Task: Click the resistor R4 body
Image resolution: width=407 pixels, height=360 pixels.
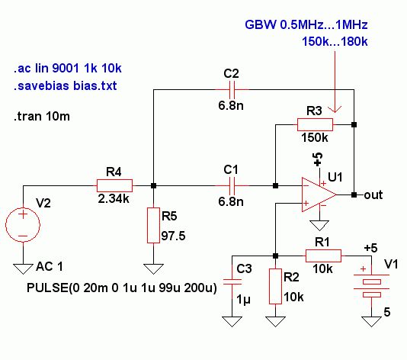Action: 114,185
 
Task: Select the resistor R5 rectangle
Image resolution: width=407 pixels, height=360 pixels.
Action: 153,225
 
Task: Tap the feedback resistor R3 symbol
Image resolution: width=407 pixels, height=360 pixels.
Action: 315,124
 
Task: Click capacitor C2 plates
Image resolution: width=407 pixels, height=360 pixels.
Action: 232,89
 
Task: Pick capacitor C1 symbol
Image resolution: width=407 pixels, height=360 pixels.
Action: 232,185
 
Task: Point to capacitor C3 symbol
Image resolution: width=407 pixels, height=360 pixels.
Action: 232,281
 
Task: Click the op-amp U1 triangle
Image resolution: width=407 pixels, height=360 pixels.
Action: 319,194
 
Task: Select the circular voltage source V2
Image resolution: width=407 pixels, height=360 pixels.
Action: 23,225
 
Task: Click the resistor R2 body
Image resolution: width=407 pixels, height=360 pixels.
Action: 275,286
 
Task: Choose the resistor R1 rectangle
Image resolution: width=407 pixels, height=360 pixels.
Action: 323,256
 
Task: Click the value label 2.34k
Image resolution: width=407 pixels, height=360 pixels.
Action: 114,199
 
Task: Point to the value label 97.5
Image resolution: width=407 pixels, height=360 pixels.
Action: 173,236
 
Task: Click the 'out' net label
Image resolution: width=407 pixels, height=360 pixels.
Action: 373,194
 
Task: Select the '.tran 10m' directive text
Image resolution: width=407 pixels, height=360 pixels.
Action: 42,116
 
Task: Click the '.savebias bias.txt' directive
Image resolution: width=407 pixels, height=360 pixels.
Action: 65,85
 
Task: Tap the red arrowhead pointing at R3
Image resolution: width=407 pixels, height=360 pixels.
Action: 335,109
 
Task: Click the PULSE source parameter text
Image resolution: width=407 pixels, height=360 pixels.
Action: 122,288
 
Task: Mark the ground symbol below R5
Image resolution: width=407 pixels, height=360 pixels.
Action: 153,269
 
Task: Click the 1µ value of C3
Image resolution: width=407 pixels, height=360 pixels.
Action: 243,300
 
